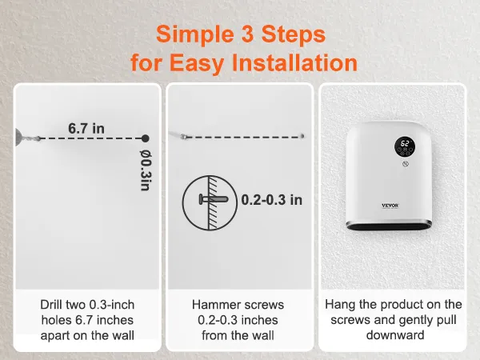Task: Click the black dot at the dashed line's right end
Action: [x=145, y=138]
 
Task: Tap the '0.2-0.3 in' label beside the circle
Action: [x=272, y=199]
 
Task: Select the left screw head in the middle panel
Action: [x=185, y=137]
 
